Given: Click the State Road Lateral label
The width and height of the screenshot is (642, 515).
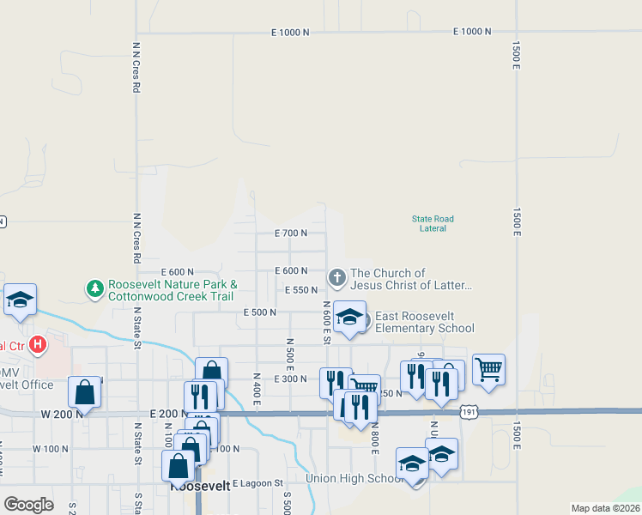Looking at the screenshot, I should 433,223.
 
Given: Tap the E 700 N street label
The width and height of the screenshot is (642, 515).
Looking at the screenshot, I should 291,233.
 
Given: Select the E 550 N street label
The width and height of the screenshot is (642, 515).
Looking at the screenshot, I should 301,291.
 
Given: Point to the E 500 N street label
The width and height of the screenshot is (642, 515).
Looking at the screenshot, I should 260,313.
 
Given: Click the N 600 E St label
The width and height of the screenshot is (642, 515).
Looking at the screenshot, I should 327,323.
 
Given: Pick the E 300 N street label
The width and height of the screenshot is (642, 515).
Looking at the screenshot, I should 290,379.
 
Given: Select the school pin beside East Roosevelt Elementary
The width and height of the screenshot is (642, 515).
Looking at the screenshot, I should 349,318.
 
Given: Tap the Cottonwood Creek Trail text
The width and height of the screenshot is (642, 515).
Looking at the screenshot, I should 170,296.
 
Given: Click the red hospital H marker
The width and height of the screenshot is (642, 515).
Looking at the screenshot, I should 37,346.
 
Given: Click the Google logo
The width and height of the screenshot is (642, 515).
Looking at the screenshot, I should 29,504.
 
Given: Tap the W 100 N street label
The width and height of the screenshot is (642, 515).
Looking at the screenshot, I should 50,449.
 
